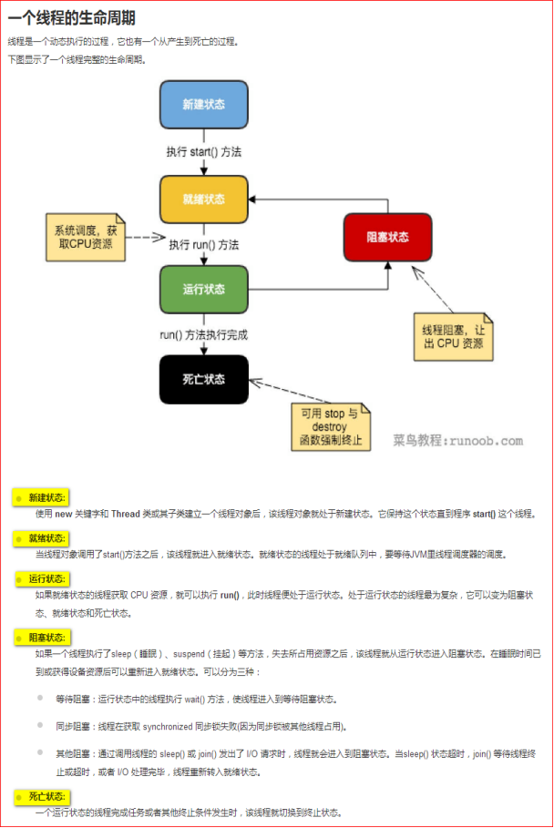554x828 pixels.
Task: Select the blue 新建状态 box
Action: coord(204,105)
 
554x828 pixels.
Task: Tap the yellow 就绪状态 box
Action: coord(204,199)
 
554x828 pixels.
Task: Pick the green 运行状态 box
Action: coord(204,290)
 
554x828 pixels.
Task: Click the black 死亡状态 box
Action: coord(204,379)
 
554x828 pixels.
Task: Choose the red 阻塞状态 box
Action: coord(387,236)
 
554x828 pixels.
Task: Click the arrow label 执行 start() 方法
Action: coord(204,151)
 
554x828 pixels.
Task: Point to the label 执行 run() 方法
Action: coord(204,244)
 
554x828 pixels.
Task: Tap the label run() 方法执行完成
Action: coord(204,334)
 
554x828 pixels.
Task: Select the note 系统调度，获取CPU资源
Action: coord(86,237)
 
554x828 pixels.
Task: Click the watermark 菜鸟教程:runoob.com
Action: coord(458,441)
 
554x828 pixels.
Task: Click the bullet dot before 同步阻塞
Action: coord(42,726)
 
